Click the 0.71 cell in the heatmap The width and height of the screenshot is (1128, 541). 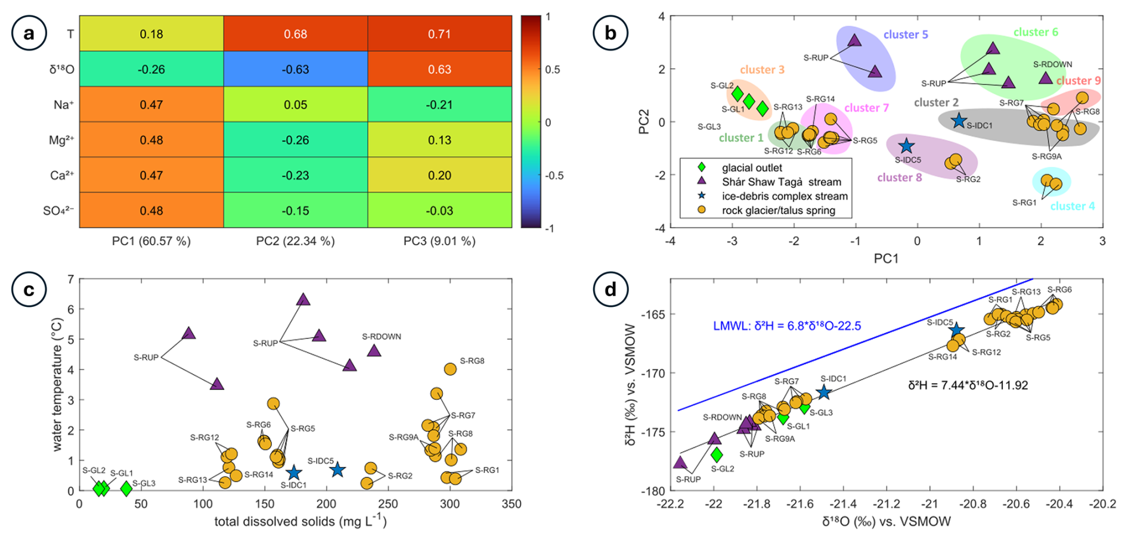(x=439, y=34)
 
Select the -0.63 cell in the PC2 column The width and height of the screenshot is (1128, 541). (x=295, y=70)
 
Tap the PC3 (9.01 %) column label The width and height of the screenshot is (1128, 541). (x=439, y=241)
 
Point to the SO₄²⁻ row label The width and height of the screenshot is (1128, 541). (x=58, y=211)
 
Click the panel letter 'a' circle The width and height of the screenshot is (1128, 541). (x=29, y=33)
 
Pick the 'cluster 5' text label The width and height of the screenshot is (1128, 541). (x=906, y=35)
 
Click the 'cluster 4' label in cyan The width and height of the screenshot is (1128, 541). (x=1073, y=206)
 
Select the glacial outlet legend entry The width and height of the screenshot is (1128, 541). (x=752, y=168)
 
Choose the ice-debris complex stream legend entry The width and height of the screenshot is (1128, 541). (x=784, y=196)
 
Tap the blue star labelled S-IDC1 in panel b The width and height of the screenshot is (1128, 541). (x=959, y=120)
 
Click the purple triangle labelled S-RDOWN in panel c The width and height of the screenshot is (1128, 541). (x=374, y=351)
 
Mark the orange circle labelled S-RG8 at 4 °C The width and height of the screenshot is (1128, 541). (x=450, y=369)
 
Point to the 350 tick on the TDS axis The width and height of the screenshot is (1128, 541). (x=512, y=504)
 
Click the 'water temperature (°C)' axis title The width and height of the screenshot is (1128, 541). (x=57, y=384)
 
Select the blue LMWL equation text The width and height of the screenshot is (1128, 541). (x=787, y=326)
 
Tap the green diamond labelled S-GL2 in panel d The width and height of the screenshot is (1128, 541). (x=717, y=455)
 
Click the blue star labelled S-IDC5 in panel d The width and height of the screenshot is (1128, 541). (x=956, y=330)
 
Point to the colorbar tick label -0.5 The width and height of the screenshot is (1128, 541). (x=554, y=176)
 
